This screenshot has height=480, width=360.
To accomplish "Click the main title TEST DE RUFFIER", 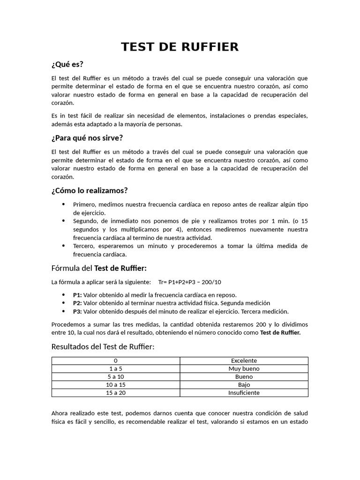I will click(180, 47).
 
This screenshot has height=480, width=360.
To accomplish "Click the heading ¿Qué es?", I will click(67, 64).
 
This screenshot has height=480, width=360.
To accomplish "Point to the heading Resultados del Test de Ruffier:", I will click(103, 346).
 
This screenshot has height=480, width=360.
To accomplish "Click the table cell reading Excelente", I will click(244, 360).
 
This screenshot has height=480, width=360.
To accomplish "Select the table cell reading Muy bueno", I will click(244, 368).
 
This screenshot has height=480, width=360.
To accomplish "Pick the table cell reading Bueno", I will click(244, 376).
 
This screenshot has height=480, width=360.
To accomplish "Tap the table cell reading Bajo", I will click(244, 384).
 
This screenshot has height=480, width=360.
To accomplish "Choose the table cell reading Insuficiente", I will click(244, 392).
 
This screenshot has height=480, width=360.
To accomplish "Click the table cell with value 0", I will click(116, 360).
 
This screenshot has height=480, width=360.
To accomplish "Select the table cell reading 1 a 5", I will click(116, 368).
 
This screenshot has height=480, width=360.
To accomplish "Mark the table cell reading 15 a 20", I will click(116, 392).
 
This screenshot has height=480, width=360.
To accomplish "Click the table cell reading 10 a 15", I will click(116, 384).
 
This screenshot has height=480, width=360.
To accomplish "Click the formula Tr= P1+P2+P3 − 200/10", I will click(190, 282).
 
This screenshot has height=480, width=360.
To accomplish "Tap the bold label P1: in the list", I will click(77, 295).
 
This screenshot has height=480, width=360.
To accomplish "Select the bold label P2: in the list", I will click(77, 303).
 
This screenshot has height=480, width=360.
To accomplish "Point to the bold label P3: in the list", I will click(77, 311).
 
